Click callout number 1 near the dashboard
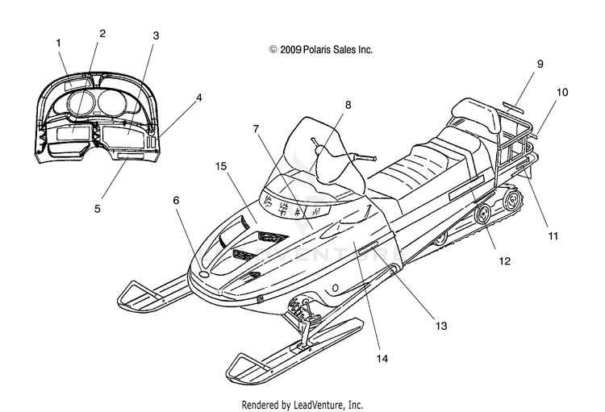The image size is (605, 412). [x=59, y=43]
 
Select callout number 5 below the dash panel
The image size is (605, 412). [x=98, y=209]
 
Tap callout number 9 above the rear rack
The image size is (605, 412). [x=540, y=64]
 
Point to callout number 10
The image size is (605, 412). [x=562, y=93]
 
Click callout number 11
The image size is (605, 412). [x=553, y=235]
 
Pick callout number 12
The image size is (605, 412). [x=505, y=261]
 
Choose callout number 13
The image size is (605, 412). [x=441, y=326]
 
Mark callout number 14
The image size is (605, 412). [x=382, y=359]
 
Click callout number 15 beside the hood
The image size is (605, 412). [x=221, y=166]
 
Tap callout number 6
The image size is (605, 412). [x=177, y=200]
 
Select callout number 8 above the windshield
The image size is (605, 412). [x=348, y=105]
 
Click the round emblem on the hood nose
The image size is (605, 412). [x=203, y=274]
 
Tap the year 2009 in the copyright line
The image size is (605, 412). [x=290, y=50]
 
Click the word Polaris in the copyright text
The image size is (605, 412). [x=316, y=50]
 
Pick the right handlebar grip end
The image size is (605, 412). [x=373, y=158]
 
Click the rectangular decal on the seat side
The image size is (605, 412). [x=466, y=188]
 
